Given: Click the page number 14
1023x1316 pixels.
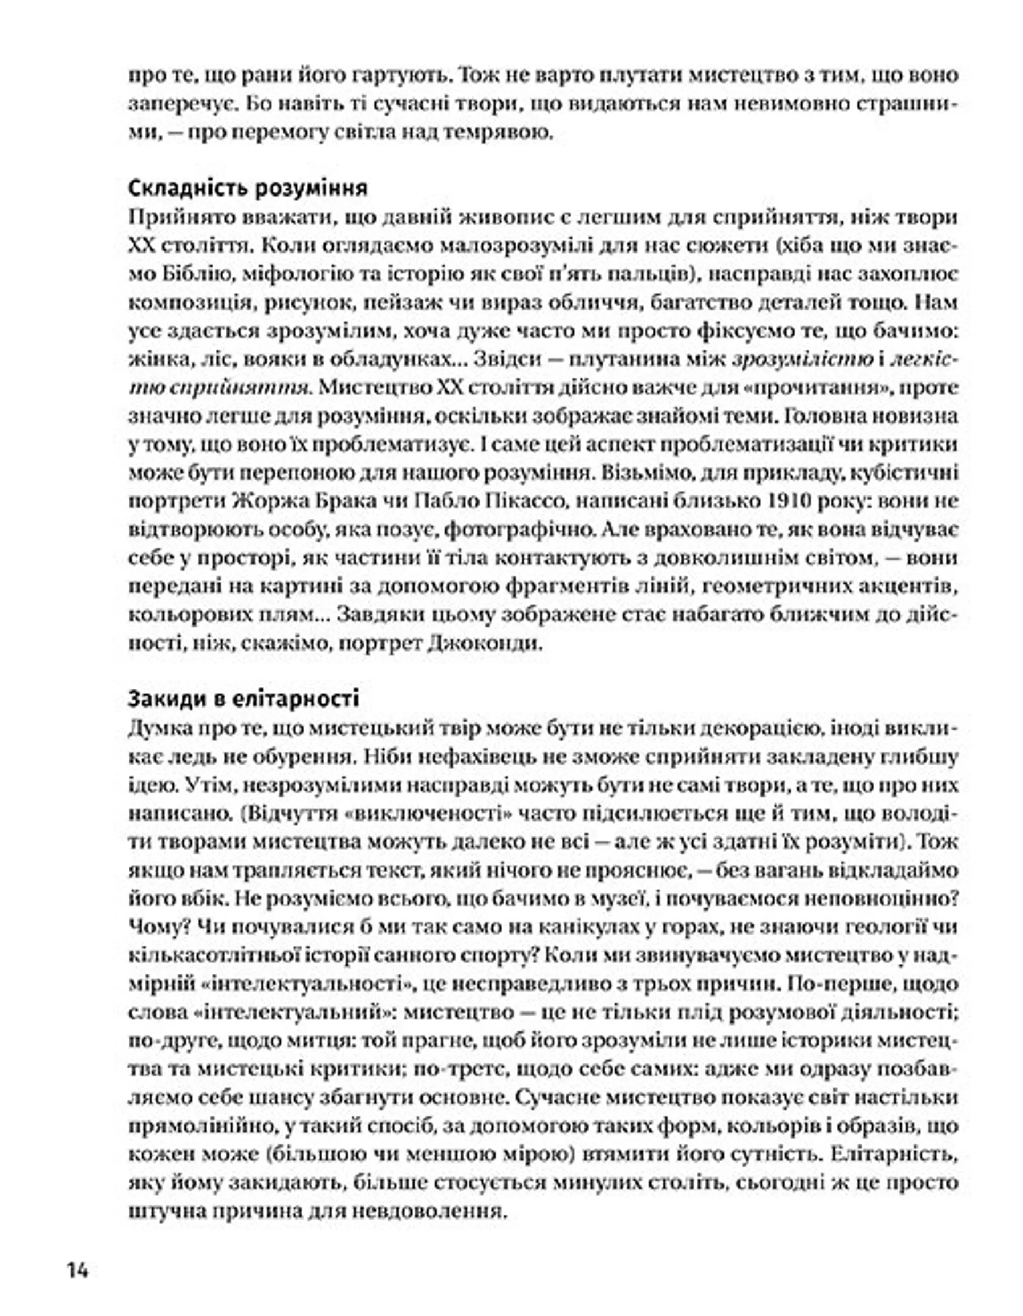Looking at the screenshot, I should pyautogui.click(x=78, y=1270).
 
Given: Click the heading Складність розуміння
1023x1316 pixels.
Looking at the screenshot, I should pyautogui.click(x=248, y=189).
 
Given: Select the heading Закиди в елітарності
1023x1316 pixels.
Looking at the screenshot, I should pyautogui.click(x=243, y=699).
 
